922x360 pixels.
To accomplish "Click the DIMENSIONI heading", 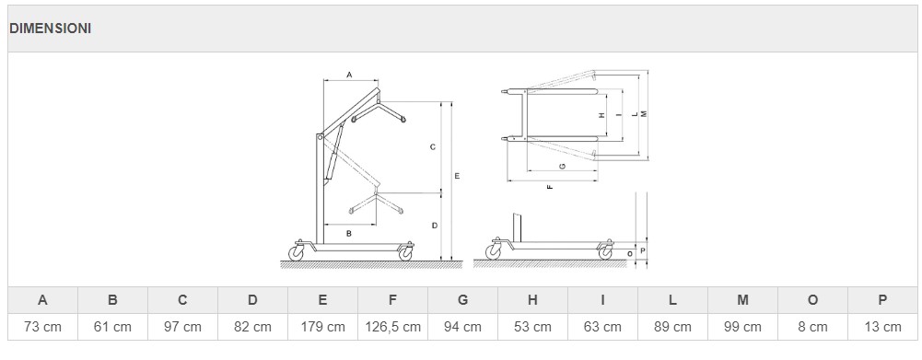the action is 50,29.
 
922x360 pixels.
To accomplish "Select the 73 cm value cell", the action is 42,327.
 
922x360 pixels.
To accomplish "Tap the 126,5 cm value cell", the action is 392,327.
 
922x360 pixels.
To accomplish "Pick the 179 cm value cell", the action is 322,327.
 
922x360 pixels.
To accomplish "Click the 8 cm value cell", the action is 812,327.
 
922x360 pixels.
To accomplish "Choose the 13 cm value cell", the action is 882,327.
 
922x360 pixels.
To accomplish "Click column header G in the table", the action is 462,300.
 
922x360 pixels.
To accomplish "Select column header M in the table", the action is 742,300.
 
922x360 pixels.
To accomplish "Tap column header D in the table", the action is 253,300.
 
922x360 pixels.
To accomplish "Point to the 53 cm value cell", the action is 532,327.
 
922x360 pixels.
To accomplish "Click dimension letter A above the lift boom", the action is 349,75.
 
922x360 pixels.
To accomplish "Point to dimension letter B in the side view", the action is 349,234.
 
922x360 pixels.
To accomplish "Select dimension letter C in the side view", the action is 432,147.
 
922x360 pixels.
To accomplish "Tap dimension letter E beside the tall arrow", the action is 457,176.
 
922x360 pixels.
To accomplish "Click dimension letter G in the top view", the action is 563,167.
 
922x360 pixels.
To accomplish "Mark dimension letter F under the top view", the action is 550,187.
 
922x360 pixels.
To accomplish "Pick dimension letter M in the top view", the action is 644,113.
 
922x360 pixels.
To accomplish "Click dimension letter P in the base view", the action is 643,250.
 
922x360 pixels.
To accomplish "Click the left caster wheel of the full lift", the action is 296,253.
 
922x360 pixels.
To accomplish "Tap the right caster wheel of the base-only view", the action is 605,253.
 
